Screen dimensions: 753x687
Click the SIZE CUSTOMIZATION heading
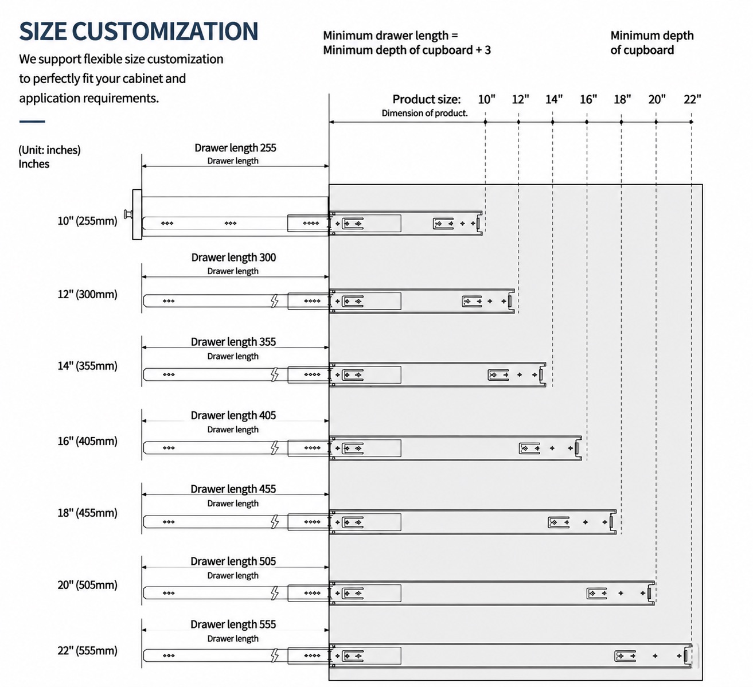point(139,31)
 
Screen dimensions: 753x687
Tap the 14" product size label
point(553,99)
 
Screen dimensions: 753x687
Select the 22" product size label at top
point(692,99)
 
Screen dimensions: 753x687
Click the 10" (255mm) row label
point(87,221)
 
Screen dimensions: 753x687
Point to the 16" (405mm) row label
point(87,441)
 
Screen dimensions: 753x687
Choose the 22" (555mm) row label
point(87,650)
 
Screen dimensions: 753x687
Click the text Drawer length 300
point(233,257)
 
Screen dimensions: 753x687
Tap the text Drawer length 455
point(233,489)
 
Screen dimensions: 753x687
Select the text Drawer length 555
point(233,624)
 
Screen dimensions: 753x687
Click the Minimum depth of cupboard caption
point(651,43)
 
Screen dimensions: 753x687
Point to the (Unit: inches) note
point(49,150)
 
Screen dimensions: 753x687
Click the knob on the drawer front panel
point(128,214)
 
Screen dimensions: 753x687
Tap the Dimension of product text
point(424,114)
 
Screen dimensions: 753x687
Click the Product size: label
point(427,99)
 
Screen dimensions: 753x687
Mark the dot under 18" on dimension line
point(621,122)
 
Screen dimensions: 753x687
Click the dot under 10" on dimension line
point(485,122)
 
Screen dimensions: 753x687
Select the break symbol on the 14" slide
point(275,374)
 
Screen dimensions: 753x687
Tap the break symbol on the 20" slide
point(275,593)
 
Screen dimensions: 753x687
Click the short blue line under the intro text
point(32,121)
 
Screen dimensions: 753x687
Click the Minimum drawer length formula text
point(407,43)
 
